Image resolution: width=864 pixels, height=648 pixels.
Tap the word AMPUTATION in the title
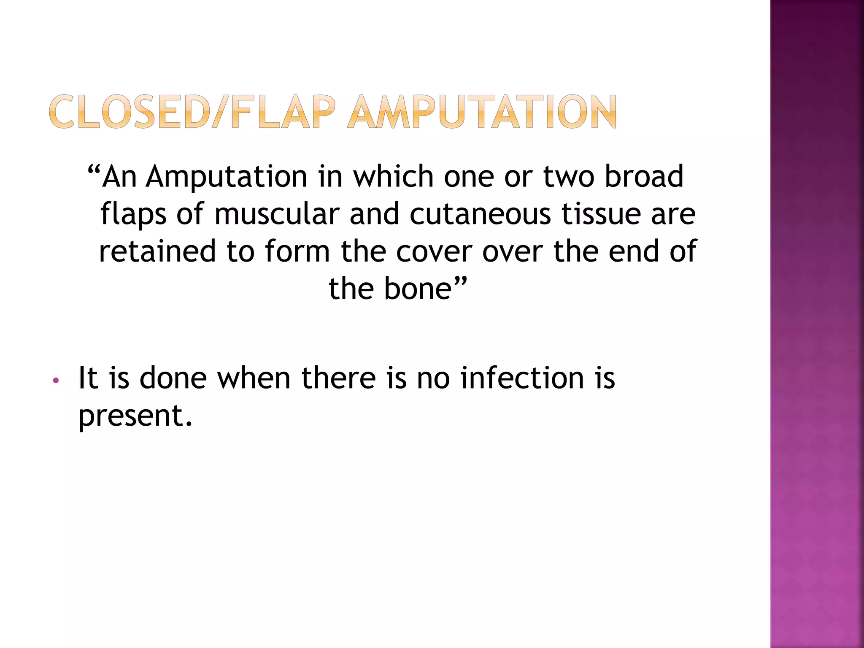tap(481, 112)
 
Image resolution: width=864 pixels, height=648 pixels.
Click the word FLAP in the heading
tap(284, 112)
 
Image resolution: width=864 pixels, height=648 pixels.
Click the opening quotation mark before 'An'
tap(94, 171)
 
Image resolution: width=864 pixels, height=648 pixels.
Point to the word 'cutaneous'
tap(480, 214)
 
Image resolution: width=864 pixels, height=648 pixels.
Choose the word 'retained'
tap(157, 251)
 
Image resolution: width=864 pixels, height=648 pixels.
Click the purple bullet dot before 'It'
tap(55, 381)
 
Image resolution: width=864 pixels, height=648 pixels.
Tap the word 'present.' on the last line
tap(135, 416)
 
